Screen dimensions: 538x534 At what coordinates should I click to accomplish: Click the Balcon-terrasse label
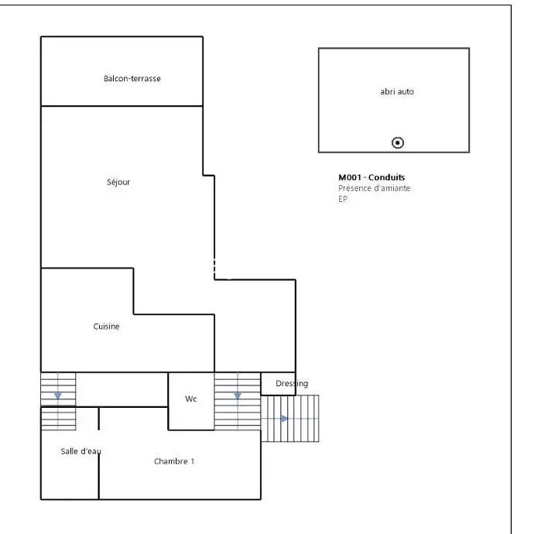point(132,78)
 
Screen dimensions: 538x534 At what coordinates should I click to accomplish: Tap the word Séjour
point(118,182)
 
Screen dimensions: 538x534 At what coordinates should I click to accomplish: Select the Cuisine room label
point(106,326)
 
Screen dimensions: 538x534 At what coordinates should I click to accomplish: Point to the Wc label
point(190,399)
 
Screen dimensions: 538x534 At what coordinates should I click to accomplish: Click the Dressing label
point(292,383)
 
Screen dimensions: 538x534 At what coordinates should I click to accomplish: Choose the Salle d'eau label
point(81,451)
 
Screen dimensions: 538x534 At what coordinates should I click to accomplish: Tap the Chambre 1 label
point(174,461)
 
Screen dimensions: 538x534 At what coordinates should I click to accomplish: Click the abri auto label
point(397,91)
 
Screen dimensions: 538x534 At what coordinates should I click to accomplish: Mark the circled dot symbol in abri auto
point(398,142)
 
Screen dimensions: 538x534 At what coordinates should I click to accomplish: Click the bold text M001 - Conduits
point(372,177)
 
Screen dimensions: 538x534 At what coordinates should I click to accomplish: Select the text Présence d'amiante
point(375,188)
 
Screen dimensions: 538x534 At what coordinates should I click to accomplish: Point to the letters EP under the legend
point(343,199)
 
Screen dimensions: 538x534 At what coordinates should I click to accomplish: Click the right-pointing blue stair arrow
point(284,419)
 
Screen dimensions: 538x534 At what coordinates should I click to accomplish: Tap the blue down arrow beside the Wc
point(238,396)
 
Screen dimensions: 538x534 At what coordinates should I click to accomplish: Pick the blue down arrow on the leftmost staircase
point(57,396)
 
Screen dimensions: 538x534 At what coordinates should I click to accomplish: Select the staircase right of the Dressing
point(290,419)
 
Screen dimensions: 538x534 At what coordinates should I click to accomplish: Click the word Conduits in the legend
point(387,177)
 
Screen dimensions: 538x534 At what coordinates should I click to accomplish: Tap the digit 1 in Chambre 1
point(193,461)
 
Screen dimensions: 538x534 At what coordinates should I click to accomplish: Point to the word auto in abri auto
point(406,91)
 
